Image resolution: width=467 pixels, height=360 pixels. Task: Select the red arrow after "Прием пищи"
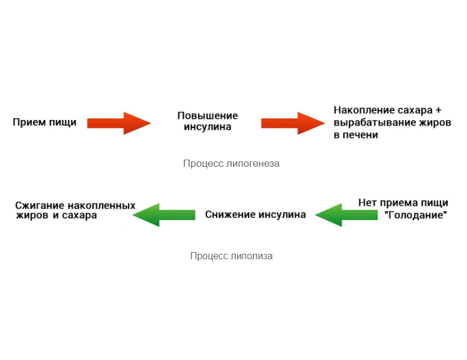pos(119,123)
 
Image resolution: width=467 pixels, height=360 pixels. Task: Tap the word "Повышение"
pos(208,116)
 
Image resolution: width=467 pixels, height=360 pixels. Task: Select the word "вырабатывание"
pos(369,123)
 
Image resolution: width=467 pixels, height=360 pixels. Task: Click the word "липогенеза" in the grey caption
pos(254,163)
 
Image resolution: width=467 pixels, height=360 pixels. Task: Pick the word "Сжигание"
pos(40,205)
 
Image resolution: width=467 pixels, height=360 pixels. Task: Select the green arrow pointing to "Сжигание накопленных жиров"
pos(163,214)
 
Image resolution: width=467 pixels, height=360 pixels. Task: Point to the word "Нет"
pos(367,203)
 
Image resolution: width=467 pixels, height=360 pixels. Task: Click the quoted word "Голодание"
pos(415,215)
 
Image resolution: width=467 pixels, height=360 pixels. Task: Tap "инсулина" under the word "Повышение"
pos(208,127)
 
